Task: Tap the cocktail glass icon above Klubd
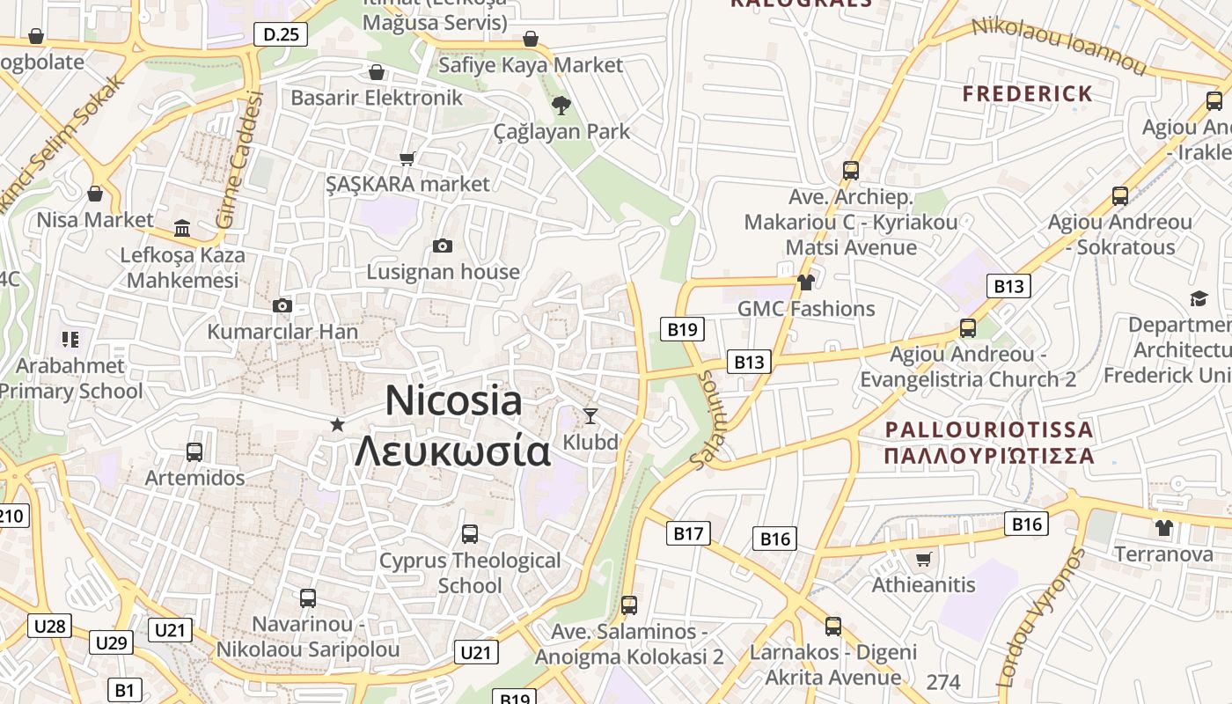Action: click(590, 415)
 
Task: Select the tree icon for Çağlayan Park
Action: click(561, 106)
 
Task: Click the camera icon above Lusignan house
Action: click(443, 246)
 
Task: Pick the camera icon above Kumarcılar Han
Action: click(282, 305)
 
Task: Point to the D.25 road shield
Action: click(282, 34)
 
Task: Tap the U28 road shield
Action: click(49, 626)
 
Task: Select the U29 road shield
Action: click(111, 642)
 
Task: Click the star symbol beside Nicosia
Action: click(337, 425)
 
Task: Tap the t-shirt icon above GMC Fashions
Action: click(805, 282)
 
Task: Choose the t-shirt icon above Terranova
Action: click(1164, 528)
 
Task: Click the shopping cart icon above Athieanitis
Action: click(923, 559)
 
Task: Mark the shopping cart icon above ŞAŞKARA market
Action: click(407, 158)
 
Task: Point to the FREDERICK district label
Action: click(1027, 93)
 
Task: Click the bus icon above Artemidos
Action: click(194, 451)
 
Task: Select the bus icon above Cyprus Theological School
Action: click(470, 533)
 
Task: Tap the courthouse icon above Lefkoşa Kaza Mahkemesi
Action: click(182, 228)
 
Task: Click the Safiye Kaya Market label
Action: click(530, 64)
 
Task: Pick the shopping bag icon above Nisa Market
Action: click(95, 194)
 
